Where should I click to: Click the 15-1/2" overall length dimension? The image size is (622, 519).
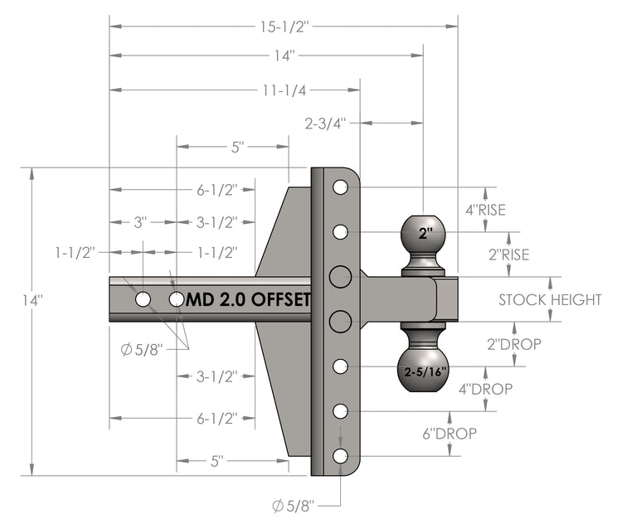click(x=284, y=27)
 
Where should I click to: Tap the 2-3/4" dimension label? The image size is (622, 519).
click(x=325, y=124)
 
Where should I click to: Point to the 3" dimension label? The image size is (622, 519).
click(x=141, y=222)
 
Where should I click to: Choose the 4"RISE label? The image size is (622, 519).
click(x=485, y=210)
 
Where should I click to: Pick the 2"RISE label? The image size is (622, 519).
click(x=508, y=255)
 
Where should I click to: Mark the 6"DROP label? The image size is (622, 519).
click(x=453, y=433)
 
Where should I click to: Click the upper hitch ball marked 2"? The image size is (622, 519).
click(x=425, y=235)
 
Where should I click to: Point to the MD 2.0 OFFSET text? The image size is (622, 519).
click(x=248, y=298)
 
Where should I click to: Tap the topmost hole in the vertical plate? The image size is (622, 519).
click(x=340, y=187)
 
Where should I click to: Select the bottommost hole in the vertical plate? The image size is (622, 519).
click(x=340, y=455)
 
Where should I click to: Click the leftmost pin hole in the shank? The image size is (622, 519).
click(x=143, y=298)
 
